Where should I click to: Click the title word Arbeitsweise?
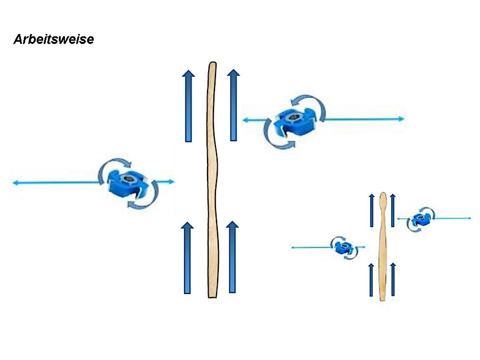pos(54,39)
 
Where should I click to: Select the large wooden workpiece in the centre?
pos(212,180)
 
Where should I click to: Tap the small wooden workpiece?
pos(382,247)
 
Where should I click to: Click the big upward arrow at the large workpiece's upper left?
pos(188,106)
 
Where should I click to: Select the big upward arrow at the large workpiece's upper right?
pos(233,105)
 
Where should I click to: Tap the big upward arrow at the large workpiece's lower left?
pos(187,258)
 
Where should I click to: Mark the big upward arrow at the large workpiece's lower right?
pos(233,257)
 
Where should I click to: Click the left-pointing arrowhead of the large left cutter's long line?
pos(15,183)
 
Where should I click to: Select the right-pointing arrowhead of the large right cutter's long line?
pos(401,119)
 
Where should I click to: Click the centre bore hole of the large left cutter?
pos(129,179)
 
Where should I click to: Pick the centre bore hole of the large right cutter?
pos(294,116)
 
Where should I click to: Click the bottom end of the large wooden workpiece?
pos(212,297)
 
